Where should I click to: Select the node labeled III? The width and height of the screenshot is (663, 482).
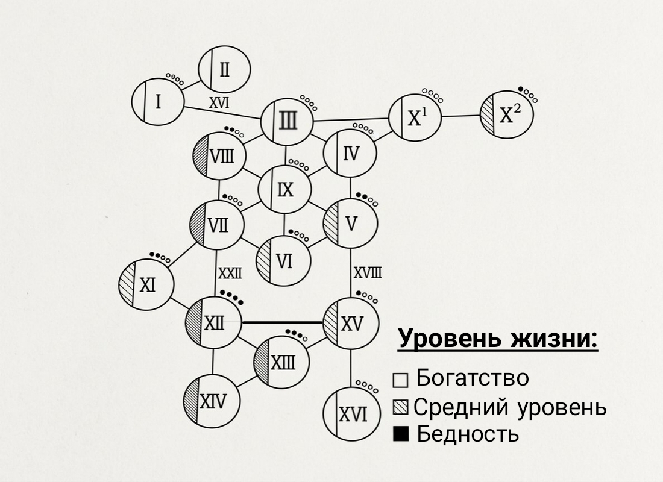point(288,123)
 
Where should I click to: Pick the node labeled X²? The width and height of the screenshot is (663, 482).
point(507,114)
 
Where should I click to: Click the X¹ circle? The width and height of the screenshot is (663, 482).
point(415,117)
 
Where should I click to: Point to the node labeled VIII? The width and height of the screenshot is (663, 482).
point(219,157)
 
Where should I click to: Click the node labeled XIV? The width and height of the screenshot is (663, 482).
point(212,401)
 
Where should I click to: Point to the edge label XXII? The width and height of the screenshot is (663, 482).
point(230,274)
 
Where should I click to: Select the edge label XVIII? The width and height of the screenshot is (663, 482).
point(367,274)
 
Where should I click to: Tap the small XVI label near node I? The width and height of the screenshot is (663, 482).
point(219,102)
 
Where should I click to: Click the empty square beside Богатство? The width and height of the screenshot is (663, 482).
point(401,381)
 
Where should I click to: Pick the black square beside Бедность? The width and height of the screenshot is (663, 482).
point(401,434)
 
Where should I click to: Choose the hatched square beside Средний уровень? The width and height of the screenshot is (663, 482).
point(401,407)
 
